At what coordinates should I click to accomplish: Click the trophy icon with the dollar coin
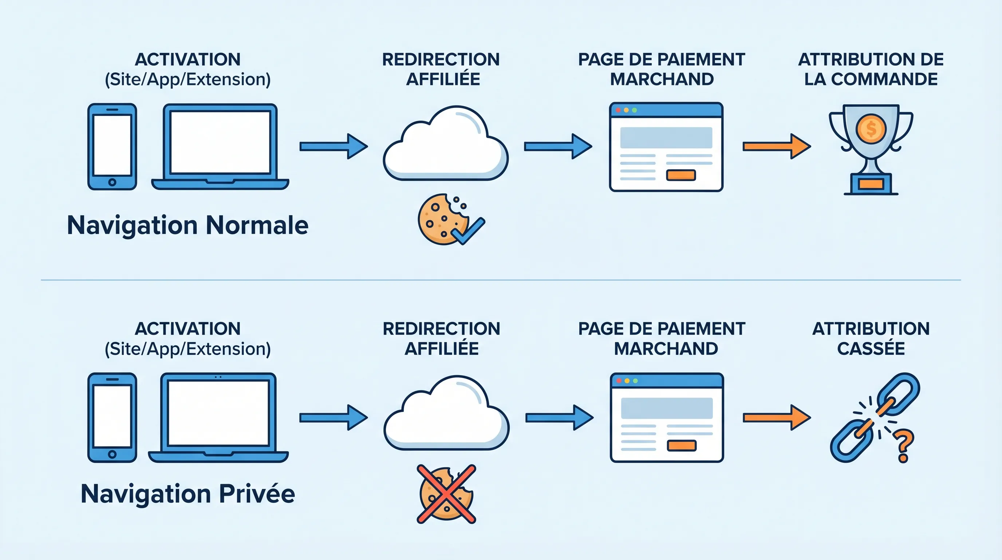click(x=871, y=148)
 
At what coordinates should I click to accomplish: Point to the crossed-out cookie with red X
click(x=446, y=494)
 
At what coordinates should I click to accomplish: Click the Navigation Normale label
click(x=188, y=225)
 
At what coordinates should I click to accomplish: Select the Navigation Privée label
click(x=188, y=494)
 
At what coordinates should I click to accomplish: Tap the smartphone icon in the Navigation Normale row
click(x=112, y=147)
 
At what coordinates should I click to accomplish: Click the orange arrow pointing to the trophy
click(x=776, y=147)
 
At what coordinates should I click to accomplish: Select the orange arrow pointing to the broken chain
click(x=776, y=418)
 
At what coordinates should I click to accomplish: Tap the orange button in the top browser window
click(x=681, y=175)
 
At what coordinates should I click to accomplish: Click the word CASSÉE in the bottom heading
click(x=871, y=349)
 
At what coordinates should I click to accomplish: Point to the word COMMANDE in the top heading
click(x=884, y=79)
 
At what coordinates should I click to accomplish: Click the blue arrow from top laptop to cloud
click(x=333, y=147)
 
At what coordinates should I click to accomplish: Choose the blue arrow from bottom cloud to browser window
click(x=559, y=418)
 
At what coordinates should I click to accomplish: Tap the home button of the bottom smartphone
click(x=112, y=454)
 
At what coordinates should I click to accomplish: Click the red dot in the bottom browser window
click(x=619, y=381)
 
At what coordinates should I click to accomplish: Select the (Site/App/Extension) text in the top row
click(x=188, y=79)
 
